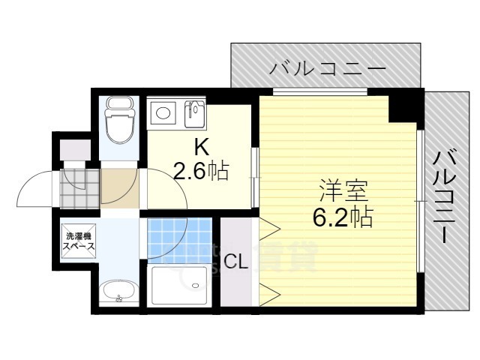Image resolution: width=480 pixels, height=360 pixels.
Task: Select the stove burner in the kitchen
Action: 162,114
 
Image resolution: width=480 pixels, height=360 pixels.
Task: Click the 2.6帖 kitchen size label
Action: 201,172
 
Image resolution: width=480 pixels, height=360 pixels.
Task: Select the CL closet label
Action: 237,262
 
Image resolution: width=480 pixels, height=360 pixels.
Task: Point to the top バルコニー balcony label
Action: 328,70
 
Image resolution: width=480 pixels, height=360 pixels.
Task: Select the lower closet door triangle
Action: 268,293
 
